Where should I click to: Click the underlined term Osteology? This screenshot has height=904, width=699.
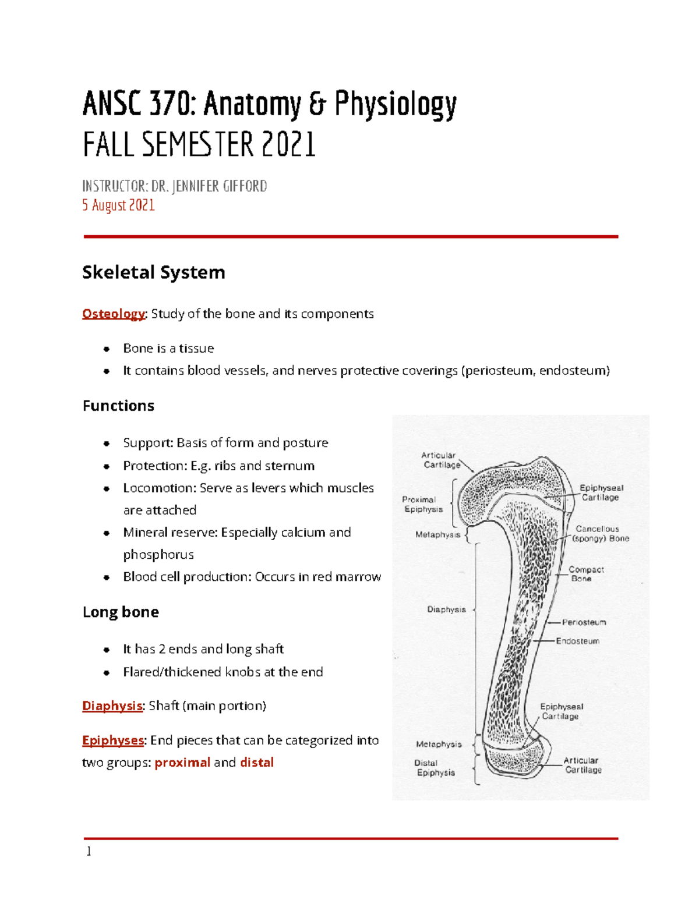tap(113, 314)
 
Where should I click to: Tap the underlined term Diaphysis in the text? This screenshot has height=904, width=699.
tap(112, 706)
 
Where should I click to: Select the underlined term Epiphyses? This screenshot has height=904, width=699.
tap(112, 740)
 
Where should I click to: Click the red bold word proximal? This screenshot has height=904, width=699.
tap(182, 763)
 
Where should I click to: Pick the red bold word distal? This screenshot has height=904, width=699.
tap(257, 763)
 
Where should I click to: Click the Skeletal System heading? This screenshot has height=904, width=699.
tap(153, 272)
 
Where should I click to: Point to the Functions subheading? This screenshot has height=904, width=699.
tap(118, 406)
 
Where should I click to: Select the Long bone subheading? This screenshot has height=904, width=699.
tap(121, 612)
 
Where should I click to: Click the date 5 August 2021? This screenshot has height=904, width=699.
tap(118, 205)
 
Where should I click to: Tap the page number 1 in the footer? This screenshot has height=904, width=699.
tap(89, 852)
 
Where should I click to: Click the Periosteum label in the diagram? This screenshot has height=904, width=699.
tap(584, 622)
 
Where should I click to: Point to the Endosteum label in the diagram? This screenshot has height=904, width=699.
tap(577, 641)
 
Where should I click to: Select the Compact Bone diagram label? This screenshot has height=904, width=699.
tap(585, 574)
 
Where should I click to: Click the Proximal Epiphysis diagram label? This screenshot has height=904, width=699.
tap(422, 504)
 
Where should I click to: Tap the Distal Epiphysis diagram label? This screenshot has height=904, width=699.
tap(435, 768)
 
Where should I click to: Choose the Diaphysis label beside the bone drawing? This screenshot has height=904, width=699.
tap(446, 609)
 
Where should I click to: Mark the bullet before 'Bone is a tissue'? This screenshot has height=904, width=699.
tap(107, 349)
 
